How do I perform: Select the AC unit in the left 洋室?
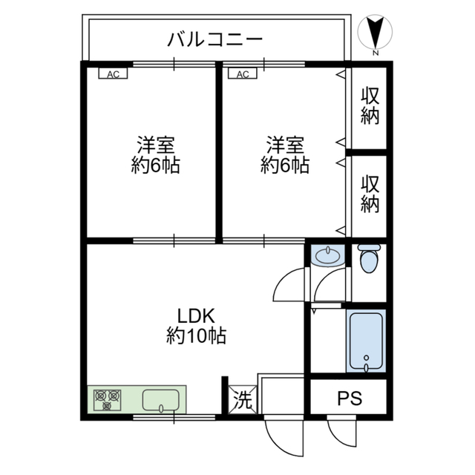tap(113, 73)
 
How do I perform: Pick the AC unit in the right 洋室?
tap(243, 73)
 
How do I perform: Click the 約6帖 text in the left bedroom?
tap(155, 166)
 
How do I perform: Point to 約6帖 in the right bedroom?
tap(285, 166)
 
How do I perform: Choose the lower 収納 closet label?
tap(370, 194)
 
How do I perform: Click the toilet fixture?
tap(368, 259)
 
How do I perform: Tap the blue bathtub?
tap(366, 341)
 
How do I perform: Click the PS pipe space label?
tap(350, 399)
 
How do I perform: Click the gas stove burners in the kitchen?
tap(107, 401)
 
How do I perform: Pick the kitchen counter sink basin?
tap(162, 401)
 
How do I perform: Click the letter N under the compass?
tap(376, 53)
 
